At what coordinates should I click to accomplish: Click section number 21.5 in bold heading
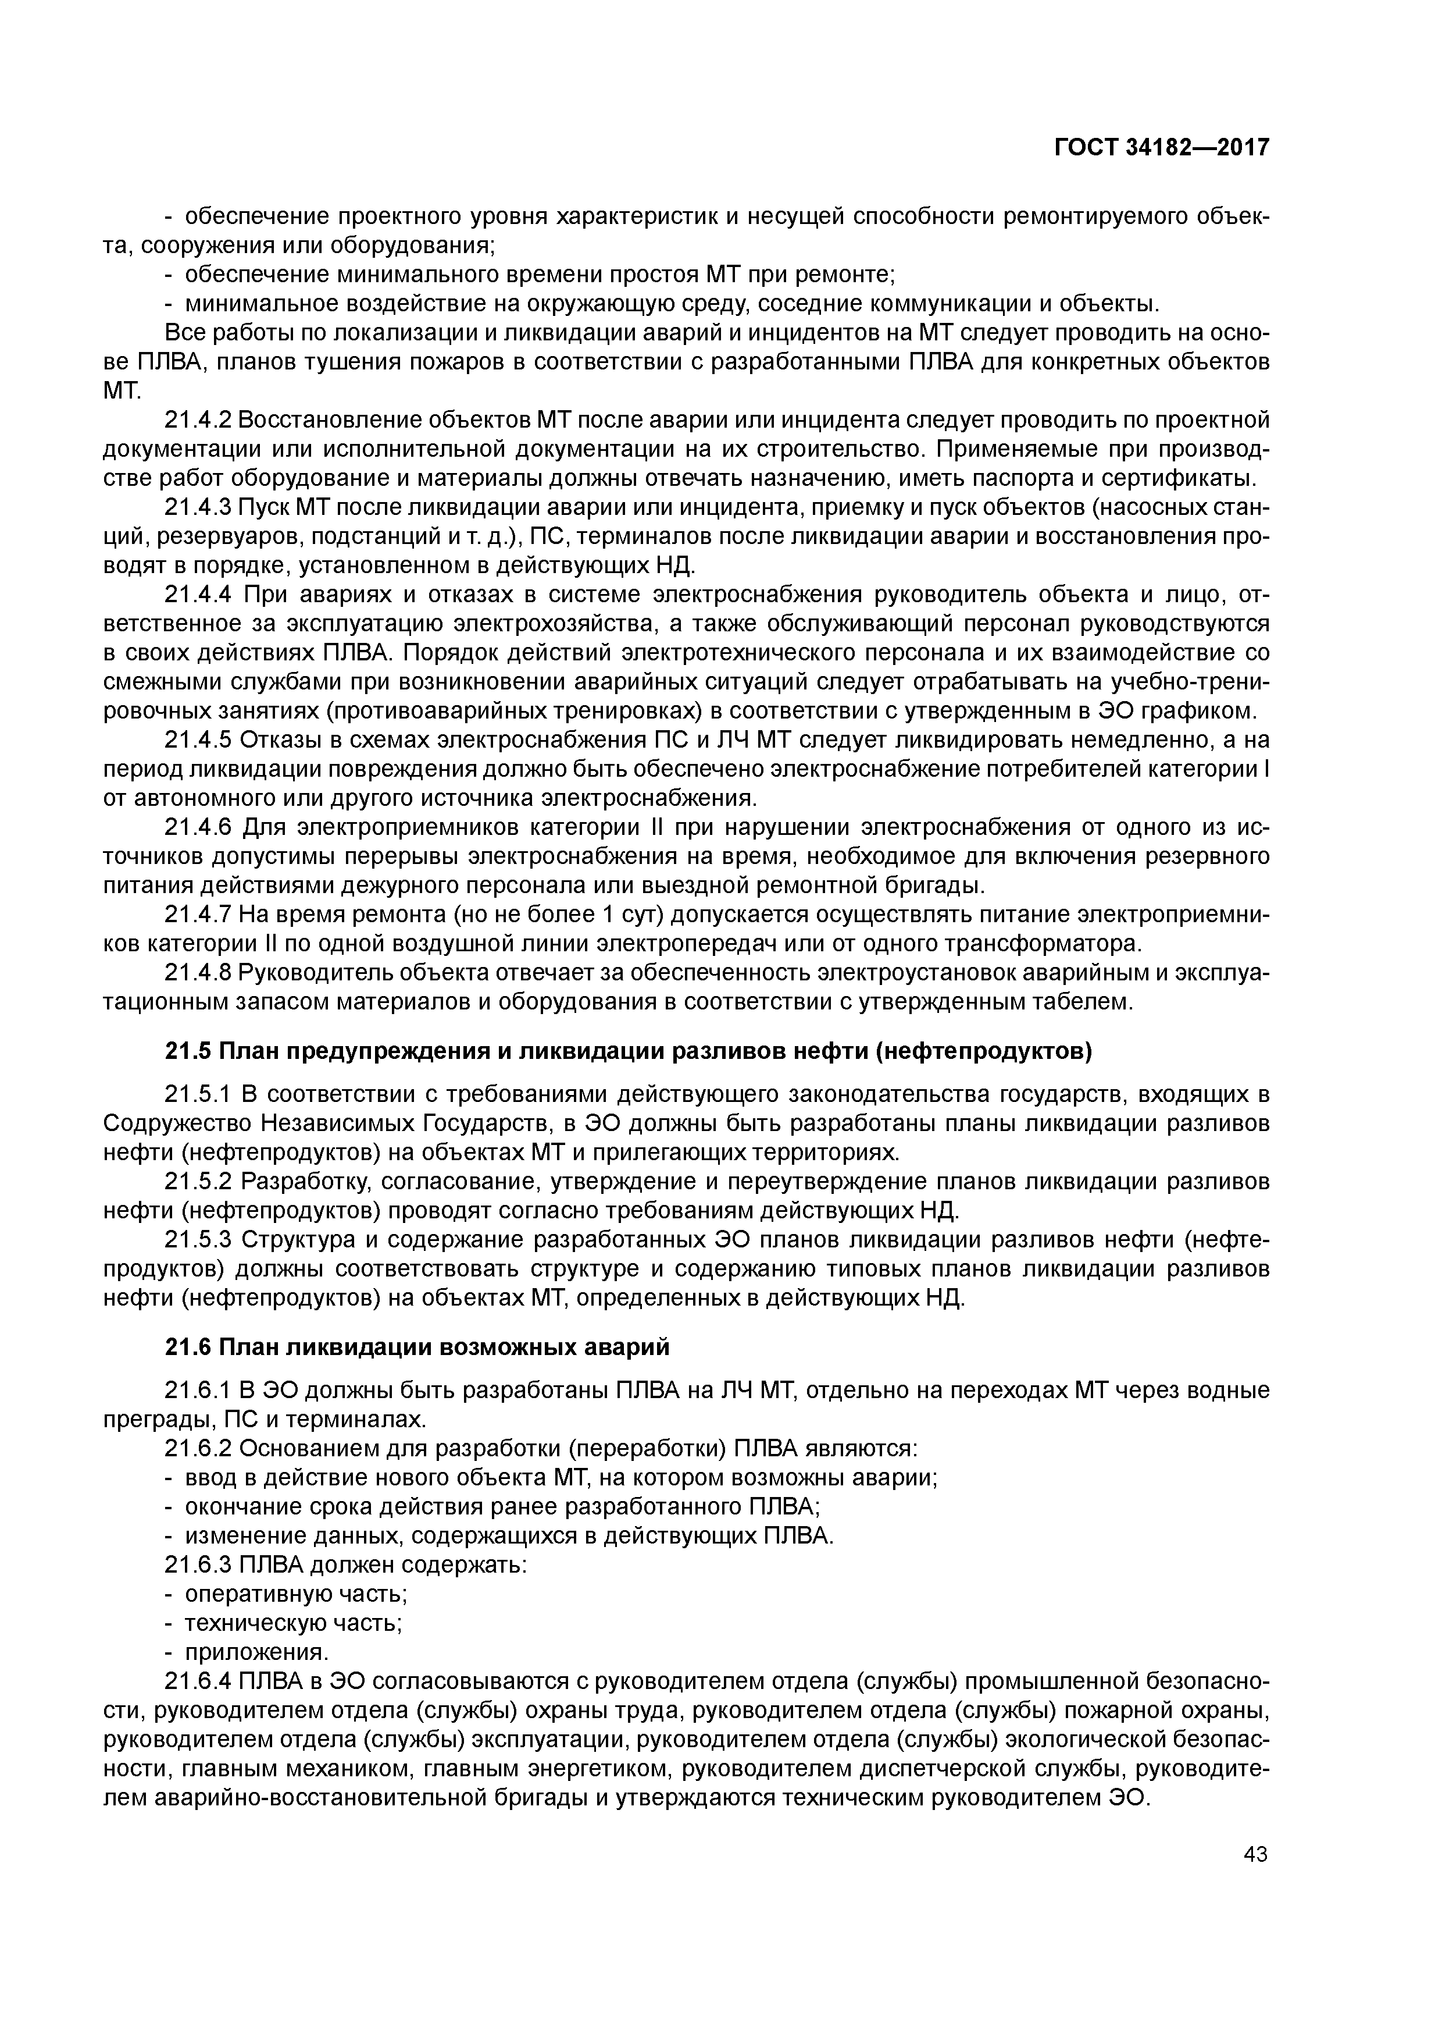pyautogui.click(x=188, y=1051)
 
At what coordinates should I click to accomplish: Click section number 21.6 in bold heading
pyautogui.click(x=188, y=1347)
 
